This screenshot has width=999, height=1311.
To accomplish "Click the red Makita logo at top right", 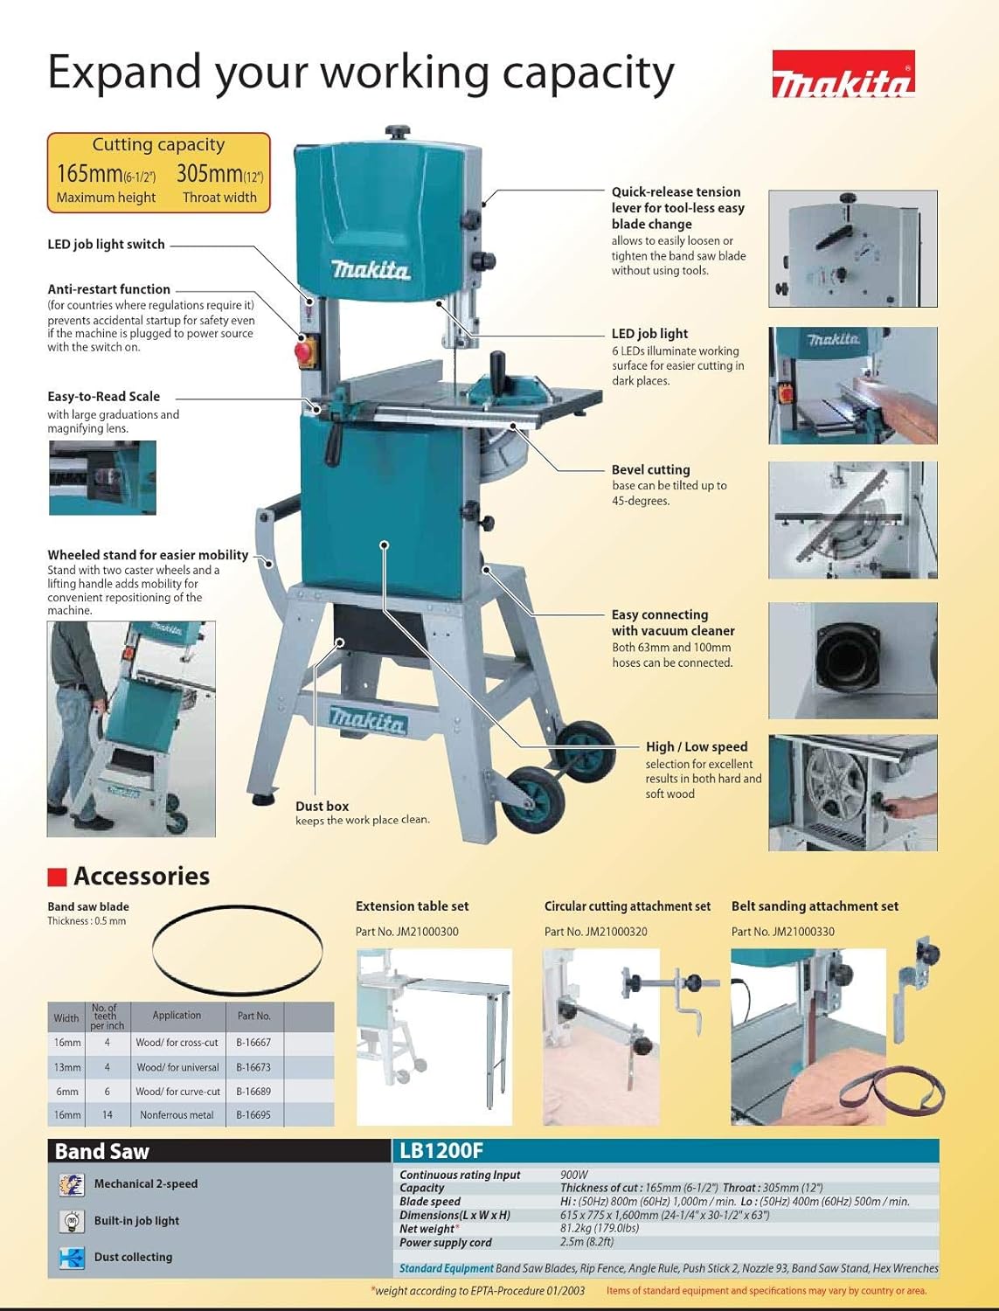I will (x=843, y=75).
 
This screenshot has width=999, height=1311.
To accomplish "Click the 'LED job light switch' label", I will (x=106, y=245).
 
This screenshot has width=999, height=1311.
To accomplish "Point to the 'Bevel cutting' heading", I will (x=650, y=470).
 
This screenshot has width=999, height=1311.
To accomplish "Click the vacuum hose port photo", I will (x=852, y=660).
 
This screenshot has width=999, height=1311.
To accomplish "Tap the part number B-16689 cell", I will (x=253, y=1092).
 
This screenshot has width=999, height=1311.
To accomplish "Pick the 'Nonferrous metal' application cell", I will (x=177, y=1115).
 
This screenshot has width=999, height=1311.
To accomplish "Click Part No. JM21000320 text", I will (x=595, y=932).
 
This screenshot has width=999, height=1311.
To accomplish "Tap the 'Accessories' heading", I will (x=142, y=876).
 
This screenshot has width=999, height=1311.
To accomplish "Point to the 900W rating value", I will (x=574, y=1176).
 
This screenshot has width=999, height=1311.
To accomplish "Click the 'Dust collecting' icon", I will (x=72, y=1258).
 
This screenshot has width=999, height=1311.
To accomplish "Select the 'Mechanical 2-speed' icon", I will (x=72, y=1184).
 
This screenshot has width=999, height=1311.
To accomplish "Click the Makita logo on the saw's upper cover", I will (x=371, y=270).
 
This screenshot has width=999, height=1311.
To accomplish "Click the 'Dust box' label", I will (x=322, y=806).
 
